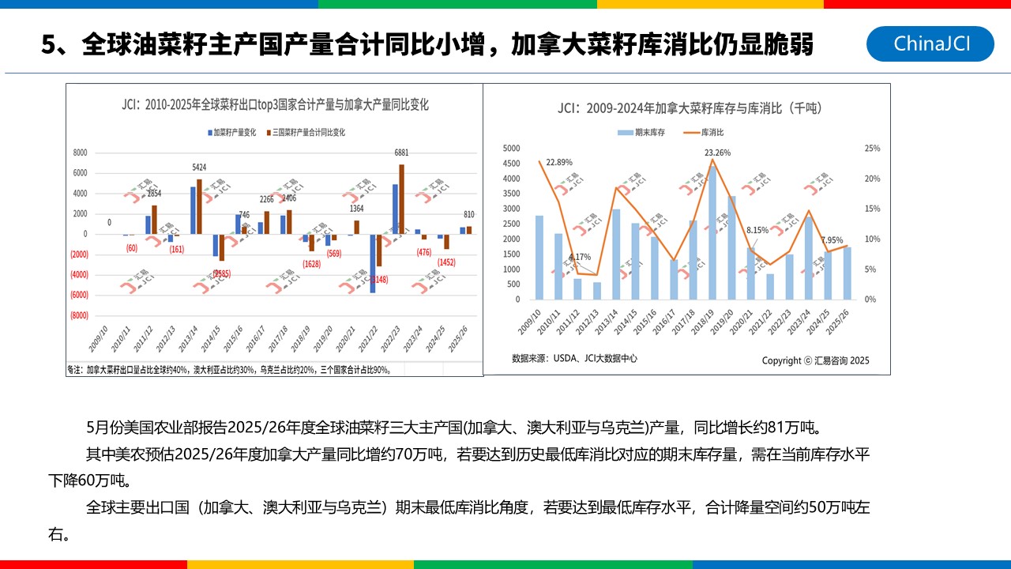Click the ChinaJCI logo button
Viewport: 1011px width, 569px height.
(x=930, y=43)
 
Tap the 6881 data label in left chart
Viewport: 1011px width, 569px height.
(x=401, y=153)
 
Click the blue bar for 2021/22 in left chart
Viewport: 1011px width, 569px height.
(x=373, y=263)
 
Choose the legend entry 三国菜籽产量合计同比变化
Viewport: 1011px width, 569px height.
(x=306, y=133)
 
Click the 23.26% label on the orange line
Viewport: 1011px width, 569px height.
(x=717, y=153)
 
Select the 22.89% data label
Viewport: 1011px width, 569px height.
(x=558, y=162)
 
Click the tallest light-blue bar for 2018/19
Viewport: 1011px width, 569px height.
(x=712, y=232)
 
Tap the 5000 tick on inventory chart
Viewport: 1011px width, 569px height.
(x=511, y=149)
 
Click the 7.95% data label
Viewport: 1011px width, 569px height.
(x=832, y=240)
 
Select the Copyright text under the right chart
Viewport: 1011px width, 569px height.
(x=815, y=360)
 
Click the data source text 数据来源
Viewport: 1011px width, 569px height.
(x=574, y=358)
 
